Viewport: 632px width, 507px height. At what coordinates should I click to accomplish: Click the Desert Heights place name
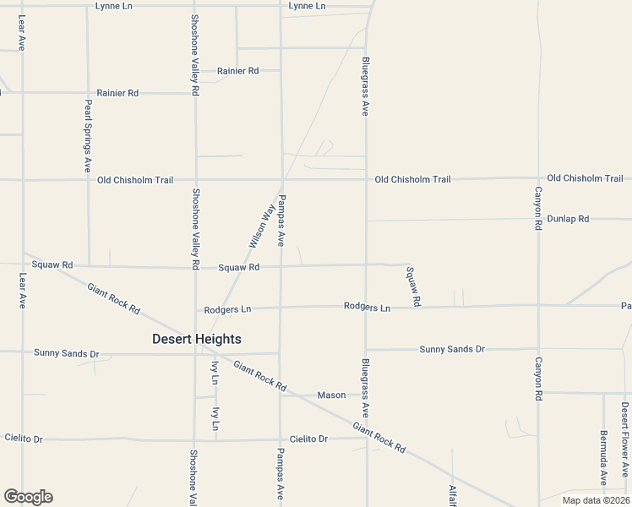coord(196,339)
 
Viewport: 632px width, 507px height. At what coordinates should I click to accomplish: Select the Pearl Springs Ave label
coord(87,136)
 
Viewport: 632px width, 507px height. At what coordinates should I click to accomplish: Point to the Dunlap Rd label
coord(567,218)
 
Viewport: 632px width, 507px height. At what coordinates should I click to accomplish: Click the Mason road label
coord(331,395)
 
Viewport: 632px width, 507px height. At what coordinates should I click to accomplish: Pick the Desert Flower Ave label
coord(624,428)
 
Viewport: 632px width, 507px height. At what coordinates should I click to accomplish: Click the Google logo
coord(28,497)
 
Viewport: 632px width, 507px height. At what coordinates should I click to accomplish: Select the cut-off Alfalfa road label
coord(452,494)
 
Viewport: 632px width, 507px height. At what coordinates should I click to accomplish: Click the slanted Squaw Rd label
coord(413,286)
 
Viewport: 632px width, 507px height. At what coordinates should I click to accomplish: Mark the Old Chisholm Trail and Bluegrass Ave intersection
coord(366,179)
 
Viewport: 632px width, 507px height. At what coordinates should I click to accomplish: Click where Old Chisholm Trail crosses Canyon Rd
coord(537,178)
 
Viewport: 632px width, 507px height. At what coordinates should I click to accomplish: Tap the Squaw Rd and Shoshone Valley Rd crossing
coord(195,267)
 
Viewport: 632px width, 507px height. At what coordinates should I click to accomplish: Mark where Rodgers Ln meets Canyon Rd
coord(537,305)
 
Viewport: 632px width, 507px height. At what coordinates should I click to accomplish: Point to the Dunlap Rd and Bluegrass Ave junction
coord(366,221)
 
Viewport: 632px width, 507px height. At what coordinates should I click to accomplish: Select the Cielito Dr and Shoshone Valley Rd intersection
coord(195,439)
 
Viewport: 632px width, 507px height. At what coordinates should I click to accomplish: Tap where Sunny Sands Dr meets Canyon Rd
coord(537,348)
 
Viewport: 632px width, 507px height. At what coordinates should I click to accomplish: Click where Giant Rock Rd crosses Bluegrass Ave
coord(366,431)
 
